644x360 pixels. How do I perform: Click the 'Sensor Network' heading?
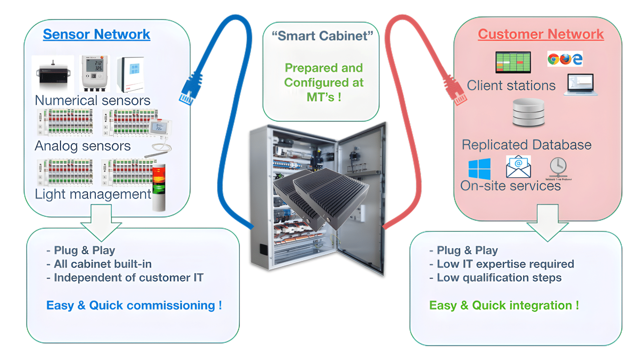(x=96, y=34)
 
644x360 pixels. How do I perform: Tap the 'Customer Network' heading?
(x=541, y=34)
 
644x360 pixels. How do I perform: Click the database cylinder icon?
(x=528, y=112)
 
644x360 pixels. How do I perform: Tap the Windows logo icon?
(x=479, y=169)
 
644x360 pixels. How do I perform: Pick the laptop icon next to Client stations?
(x=580, y=84)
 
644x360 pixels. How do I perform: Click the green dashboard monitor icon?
(x=513, y=62)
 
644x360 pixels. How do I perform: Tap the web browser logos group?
(x=565, y=59)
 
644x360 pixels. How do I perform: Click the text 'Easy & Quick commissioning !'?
(x=134, y=305)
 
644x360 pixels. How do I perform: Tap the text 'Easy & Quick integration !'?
(x=504, y=305)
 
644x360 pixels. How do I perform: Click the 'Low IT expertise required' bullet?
(x=505, y=264)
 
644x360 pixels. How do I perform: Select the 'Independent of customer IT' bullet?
(x=128, y=278)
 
